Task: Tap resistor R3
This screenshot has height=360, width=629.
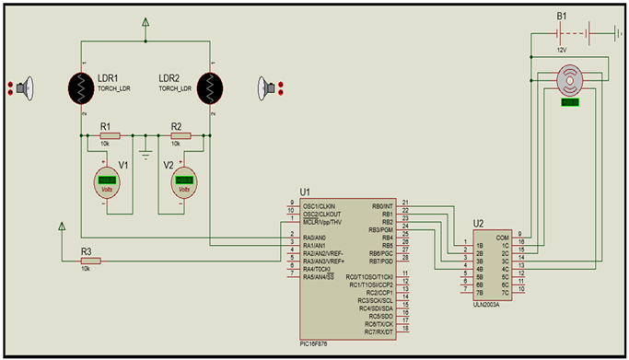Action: pyautogui.click(x=90, y=260)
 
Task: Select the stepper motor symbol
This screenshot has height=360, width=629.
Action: pyautogui.click(x=571, y=81)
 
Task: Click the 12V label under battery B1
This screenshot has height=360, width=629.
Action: pyautogui.click(x=561, y=51)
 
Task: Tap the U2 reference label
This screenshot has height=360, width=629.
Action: pyautogui.click(x=478, y=224)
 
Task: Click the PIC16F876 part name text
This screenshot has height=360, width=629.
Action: pyautogui.click(x=318, y=344)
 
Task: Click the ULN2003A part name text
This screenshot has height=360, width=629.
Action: pyautogui.click(x=486, y=301)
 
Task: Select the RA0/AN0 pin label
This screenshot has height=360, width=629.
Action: pyautogui.click(x=316, y=237)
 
